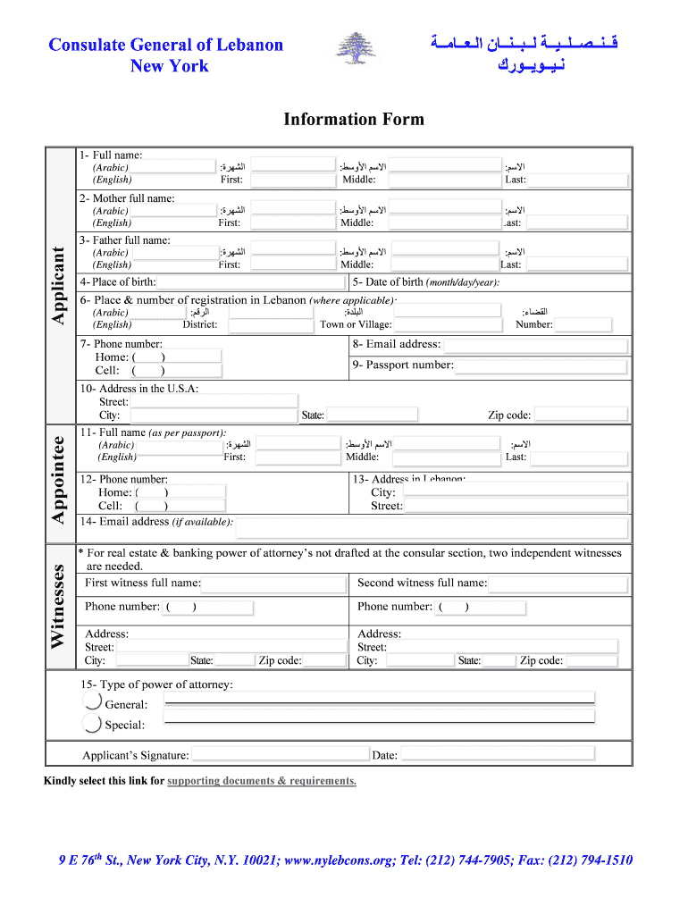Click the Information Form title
[354, 120]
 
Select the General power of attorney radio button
[91, 702]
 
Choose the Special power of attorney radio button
[91, 724]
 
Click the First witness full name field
[273, 583]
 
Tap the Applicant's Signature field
[278, 755]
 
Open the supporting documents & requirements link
[262, 781]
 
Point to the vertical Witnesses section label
[58, 607]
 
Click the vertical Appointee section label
[58, 480]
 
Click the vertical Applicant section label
[58, 285]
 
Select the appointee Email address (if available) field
[429, 523]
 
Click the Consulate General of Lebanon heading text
[165, 45]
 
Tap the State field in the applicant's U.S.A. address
[371, 415]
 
